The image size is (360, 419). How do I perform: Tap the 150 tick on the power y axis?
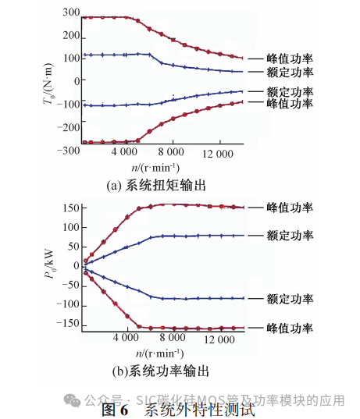[68, 208]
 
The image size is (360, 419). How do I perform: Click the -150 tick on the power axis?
[66, 323]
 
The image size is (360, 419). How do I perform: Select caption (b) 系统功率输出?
[156, 371]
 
